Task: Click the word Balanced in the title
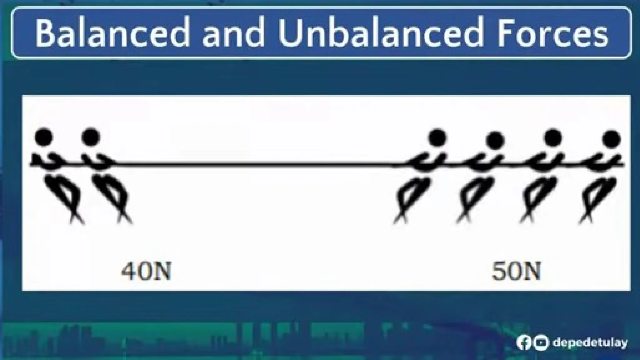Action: click(x=112, y=33)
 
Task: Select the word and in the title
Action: click(x=233, y=33)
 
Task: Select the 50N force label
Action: click(x=516, y=271)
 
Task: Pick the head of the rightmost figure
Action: click(x=612, y=139)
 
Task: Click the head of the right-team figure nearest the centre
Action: click(x=437, y=137)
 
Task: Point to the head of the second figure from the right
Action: click(x=553, y=138)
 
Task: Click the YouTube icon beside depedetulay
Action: click(x=540, y=343)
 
